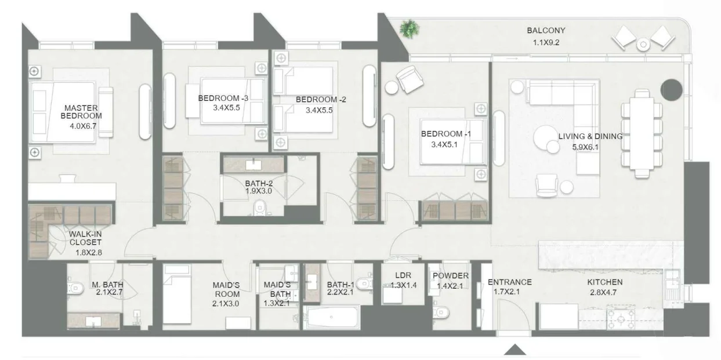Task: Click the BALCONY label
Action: (x=546, y=31)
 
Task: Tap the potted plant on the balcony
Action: (x=410, y=29)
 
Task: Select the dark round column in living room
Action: (x=672, y=90)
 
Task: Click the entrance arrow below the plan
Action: (x=515, y=350)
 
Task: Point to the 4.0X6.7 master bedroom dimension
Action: (x=83, y=126)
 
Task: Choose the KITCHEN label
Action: (x=605, y=282)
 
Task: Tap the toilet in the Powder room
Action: (x=441, y=312)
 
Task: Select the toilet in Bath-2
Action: (x=259, y=208)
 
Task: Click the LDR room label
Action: (x=403, y=275)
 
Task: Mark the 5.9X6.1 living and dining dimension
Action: (x=585, y=147)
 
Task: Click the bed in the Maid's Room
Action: (x=177, y=294)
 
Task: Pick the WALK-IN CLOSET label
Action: (x=85, y=238)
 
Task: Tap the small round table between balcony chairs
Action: (x=643, y=45)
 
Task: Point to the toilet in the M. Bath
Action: (x=76, y=288)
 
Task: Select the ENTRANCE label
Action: (x=509, y=282)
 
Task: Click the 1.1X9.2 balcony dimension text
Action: (x=546, y=42)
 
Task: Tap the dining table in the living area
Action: (x=642, y=133)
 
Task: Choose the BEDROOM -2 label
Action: (x=321, y=100)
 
